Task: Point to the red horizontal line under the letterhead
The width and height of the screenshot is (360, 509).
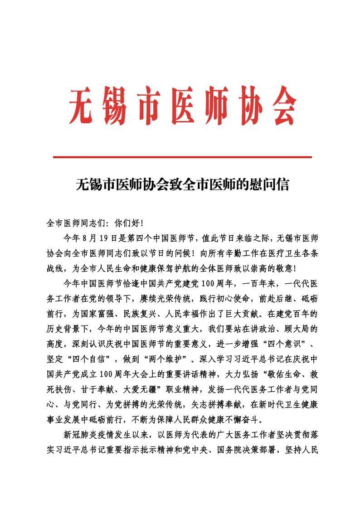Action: pyautogui.click(x=182, y=157)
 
